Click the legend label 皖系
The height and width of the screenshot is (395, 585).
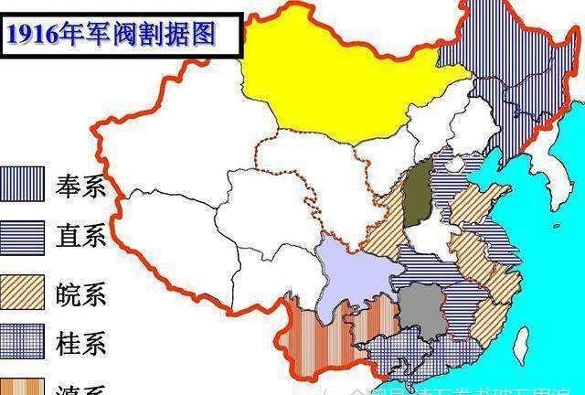80,292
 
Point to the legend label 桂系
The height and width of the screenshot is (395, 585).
80,343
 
